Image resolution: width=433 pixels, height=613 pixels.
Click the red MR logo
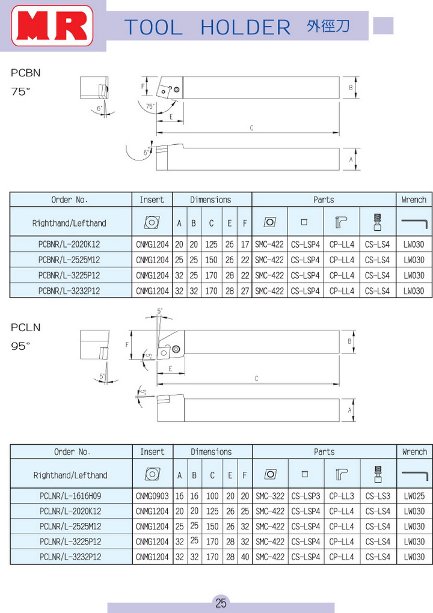pyautogui.click(x=52, y=27)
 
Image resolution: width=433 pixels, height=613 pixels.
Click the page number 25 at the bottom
pyautogui.click(x=221, y=603)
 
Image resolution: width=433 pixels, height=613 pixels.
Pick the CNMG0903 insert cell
pyautogui.click(x=152, y=496)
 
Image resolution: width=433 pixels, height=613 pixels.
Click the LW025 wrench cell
pyautogui.click(x=414, y=496)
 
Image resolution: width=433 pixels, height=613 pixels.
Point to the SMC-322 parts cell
pyautogui.click(x=269, y=496)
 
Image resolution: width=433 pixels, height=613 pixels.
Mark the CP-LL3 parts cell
pyautogui.click(x=342, y=496)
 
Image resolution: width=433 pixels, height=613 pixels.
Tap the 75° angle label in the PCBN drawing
pyautogui.click(x=150, y=106)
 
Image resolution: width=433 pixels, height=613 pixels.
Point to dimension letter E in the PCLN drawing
pyautogui.click(x=171, y=368)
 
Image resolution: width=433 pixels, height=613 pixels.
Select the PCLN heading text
pyautogui.click(x=26, y=328)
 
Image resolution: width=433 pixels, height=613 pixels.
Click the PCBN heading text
pyautogui.click(x=26, y=73)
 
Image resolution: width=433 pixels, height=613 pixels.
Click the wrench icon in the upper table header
pyautogui.click(x=414, y=223)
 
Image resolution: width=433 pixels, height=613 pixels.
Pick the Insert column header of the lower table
pyautogui.click(x=152, y=451)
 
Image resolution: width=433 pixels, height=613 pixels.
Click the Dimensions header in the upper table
pyautogui.click(x=210, y=200)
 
